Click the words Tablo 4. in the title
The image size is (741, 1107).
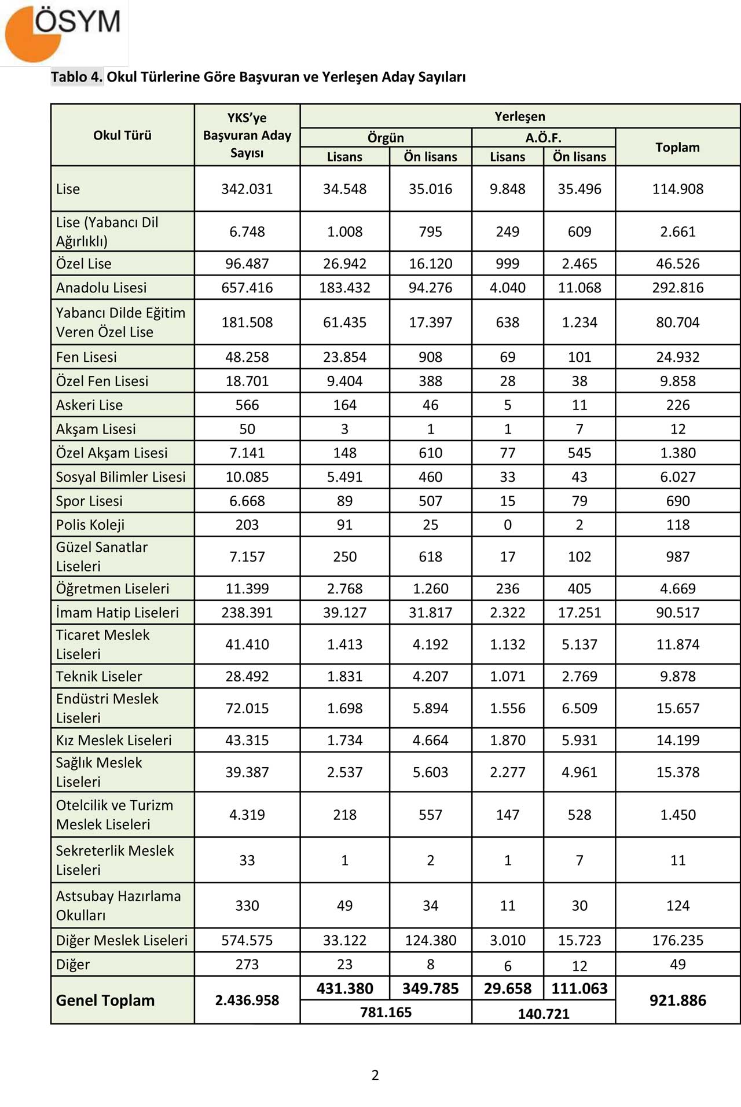[76, 77]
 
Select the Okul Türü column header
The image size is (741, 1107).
[122, 135]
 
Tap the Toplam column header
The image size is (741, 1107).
[677, 148]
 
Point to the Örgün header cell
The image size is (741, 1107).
[386, 138]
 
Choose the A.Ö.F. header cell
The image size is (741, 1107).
[543, 138]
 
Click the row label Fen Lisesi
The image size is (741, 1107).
[86, 357]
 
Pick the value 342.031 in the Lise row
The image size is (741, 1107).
[247, 189]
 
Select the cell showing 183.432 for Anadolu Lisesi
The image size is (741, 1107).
[344, 288]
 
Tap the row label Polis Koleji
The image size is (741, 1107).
[90, 525]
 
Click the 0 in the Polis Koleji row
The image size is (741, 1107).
[508, 525]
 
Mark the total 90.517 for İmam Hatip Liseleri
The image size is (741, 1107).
[677, 613]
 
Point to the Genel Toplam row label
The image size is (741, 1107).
[105, 1000]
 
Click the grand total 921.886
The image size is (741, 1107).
[677, 1000]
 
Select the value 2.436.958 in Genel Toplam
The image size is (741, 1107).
[247, 1000]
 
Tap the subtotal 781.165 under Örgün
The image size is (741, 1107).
[386, 1013]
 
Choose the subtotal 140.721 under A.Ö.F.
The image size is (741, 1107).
[543, 1014]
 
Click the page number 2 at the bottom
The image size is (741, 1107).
[375, 1075]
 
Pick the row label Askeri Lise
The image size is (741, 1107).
[89, 405]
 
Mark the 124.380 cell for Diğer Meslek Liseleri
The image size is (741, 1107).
[430, 941]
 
